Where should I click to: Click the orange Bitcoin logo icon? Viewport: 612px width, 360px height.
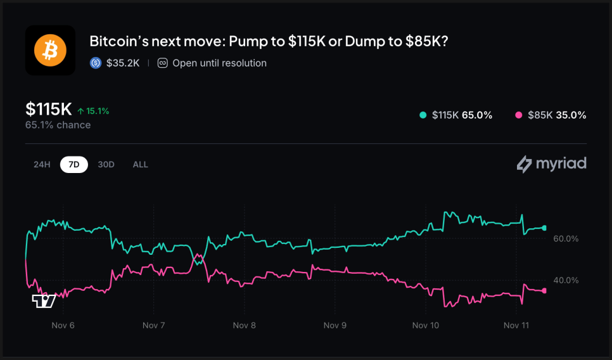50,50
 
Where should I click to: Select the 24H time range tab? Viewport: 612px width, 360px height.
42,164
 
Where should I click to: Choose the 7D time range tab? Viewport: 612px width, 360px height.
74,164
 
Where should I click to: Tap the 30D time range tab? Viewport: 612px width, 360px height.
106,164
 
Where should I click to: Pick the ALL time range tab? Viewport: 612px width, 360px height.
140,164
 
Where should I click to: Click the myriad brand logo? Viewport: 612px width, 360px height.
551,164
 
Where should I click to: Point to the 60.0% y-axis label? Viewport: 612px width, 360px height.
566,239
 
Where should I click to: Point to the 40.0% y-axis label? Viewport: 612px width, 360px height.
566,280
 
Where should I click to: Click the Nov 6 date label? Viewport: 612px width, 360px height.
63,325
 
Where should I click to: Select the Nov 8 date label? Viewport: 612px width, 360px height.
244,325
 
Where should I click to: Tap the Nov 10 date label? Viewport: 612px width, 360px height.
425,325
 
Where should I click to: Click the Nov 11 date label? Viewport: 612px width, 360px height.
516,325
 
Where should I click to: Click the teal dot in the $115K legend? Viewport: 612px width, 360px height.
423,115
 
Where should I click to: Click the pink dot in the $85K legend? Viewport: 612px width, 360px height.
519,115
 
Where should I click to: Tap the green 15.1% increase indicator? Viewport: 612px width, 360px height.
93,111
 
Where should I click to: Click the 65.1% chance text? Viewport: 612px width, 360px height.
58,125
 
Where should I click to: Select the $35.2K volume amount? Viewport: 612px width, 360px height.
124,63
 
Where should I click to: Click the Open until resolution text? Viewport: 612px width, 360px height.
219,63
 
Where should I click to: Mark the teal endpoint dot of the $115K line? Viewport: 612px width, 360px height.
544,228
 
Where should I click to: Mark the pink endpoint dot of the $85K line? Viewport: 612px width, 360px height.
544,291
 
